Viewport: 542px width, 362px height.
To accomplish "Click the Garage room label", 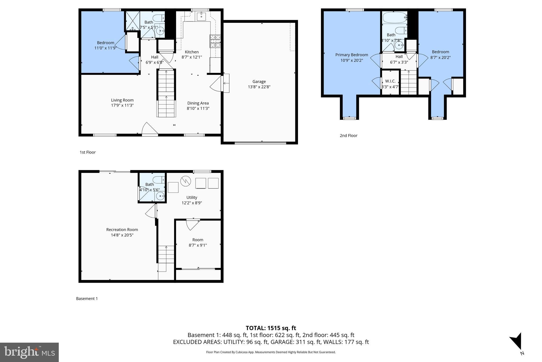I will pyautogui.click(x=259, y=82).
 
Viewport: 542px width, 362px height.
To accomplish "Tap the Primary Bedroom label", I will pyautogui.click(x=351, y=55).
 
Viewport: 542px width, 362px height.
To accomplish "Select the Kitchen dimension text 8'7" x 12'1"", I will pyautogui.click(x=192, y=57).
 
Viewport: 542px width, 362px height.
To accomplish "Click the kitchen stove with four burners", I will pyautogui.click(x=215, y=41).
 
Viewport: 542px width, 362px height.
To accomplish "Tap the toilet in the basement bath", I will pyautogui.click(x=159, y=180).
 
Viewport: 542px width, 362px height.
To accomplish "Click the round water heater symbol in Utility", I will pyautogui.click(x=186, y=181).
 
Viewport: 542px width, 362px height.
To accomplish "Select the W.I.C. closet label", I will pyautogui.click(x=390, y=81).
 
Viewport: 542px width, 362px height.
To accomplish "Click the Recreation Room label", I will pyautogui.click(x=122, y=230).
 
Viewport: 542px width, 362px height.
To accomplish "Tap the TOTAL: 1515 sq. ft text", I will pyautogui.click(x=271, y=328).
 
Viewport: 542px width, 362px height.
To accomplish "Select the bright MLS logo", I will pyautogui.click(x=29, y=352).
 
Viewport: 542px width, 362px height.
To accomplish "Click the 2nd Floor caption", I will pyautogui.click(x=348, y=136).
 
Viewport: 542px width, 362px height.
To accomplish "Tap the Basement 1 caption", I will pyautogui.click(x=87, y=299).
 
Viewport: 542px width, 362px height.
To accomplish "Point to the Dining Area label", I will pyautogui.click(x=198, y=103).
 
